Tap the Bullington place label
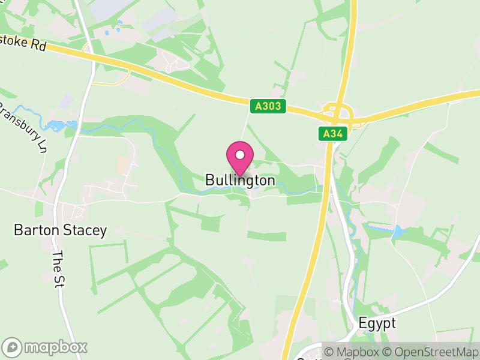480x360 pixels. pyautogui.click(x=240, y=180)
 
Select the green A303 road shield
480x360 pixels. pyautogui.click(x=268, y=106)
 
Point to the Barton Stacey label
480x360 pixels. pyautogui.click(x=60, y=230)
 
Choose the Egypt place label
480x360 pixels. pyautogui.click(x=377, y=323)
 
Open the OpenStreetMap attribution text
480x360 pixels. pyautogui.click(x=430, y=352)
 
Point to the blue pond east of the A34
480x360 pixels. pyautogui.click(x=397, y=231)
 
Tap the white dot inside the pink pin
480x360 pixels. pyautogui.click(x=240, y=155)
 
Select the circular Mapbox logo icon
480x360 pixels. pyautogui.click(x=12, y=347)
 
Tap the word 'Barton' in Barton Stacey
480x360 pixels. pyautogui.click(x=35, y=230)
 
